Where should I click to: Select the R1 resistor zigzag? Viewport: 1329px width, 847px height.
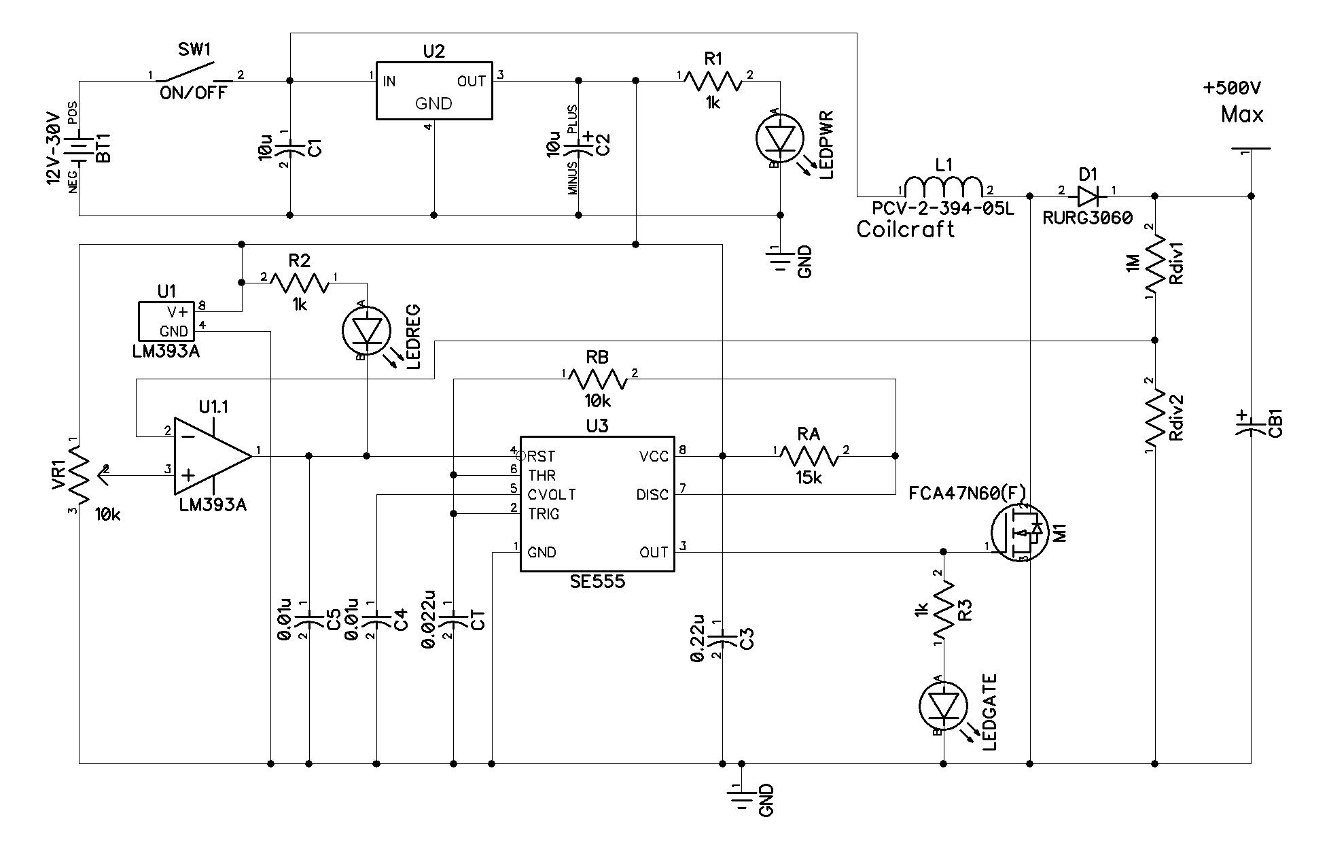pos(713,82)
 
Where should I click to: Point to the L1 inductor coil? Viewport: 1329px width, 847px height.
pos(944,188)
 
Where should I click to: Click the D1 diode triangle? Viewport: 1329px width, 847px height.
pos(1088,196)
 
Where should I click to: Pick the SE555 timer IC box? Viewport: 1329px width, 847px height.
pos(597,504)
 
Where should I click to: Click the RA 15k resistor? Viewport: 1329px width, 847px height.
pos(809,455)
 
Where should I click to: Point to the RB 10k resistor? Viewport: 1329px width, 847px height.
pos(597,379)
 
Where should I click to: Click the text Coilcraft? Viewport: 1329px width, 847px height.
pos(906,229)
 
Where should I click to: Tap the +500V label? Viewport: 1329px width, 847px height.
pos(1232,88)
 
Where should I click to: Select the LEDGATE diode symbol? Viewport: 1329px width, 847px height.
pos(943,706)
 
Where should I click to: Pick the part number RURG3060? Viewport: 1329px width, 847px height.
pos(1088,218)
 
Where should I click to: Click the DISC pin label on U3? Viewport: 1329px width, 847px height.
pos(652,495)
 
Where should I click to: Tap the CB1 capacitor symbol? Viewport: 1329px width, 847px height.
pos(1251,424)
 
